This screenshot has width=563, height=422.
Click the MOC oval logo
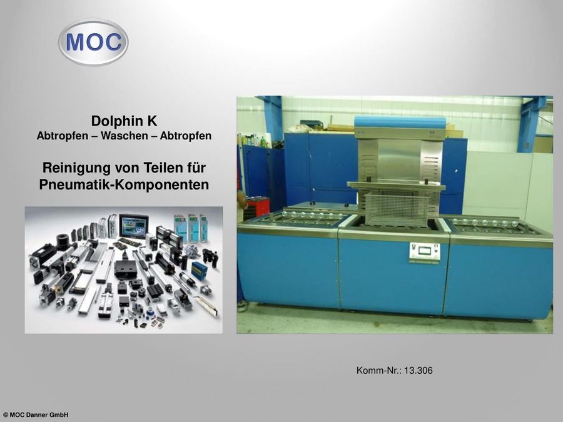tap(93, 43)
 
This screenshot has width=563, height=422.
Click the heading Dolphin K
tap(124, 121)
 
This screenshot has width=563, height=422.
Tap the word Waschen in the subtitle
tap(124, 136)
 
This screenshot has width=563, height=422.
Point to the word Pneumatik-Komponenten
tap(124, 184)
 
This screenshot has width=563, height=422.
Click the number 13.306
tap(418, 370)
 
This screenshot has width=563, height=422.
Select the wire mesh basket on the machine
tap(397, 208)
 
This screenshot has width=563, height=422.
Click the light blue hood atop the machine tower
tap(400, 121)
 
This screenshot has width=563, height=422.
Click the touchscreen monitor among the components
tap(134, 226)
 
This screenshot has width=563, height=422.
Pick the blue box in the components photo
tap(198, 270)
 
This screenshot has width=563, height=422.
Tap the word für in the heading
tap(196, 168)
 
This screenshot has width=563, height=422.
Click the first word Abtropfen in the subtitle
tap(63, 136)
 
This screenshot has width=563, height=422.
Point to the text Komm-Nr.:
tap(379, 370)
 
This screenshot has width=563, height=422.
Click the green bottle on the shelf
tap(263, 141)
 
